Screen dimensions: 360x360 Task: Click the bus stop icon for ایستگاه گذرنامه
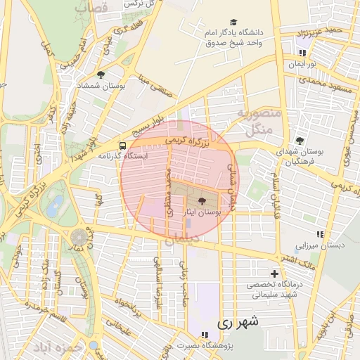[123, 146]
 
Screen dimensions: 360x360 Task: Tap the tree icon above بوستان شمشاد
[101, 75]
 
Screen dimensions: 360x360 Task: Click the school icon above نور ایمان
[302, 53]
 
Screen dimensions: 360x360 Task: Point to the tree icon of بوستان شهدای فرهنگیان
[300, 141]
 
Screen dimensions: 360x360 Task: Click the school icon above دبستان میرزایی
[321, 234]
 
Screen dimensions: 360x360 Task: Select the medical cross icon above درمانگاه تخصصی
[275, 274]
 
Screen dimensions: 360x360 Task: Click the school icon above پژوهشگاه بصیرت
[203, 335]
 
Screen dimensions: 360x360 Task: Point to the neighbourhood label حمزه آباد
[78, 349]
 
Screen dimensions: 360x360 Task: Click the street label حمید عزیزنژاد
[323, 32]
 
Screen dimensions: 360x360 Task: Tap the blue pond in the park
[53, 207]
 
